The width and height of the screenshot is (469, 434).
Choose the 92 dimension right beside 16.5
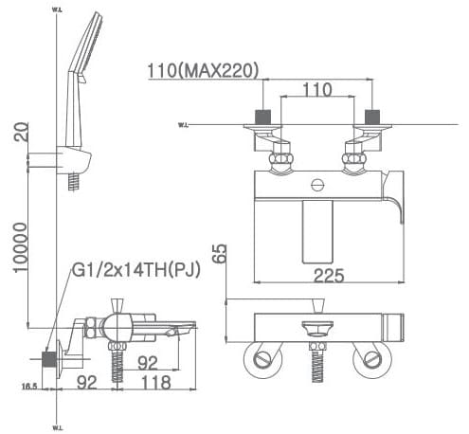tap(86, 385)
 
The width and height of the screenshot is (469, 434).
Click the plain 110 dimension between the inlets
tap(317, 90)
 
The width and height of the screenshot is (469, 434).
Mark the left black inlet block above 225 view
tap(263, 120)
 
